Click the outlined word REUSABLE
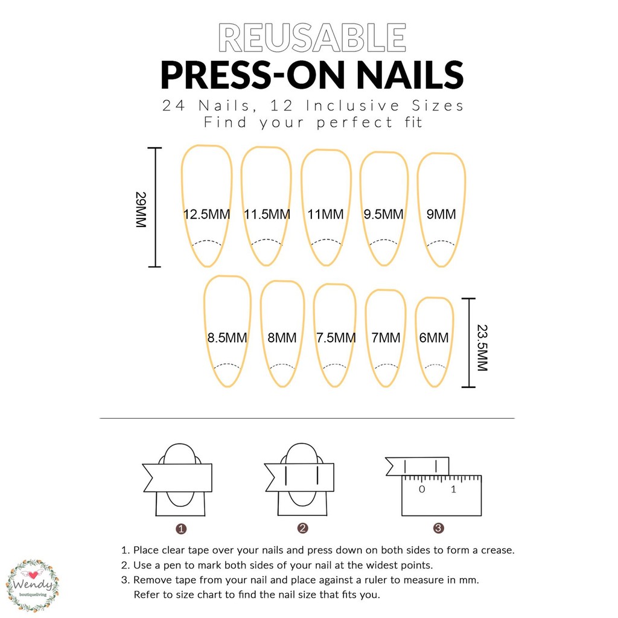pyautogui.click(x=312, y=37)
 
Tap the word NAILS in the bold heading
pyautogui.click(x=410, y=75)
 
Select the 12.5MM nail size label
pyautogui.click(x=206, y=214)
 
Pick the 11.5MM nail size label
pyautogui.click(x=267, y=214)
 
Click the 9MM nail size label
pyautogui.click(x=441, y=214)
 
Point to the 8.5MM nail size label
pyautogui.click(x=227, y=337)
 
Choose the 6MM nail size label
pyautogui.click(x=433, y=337)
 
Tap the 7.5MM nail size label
pyautogui.click(x=336, y=337)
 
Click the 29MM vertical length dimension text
pyautogui.click(x=141, y=209)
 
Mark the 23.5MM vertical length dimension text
pyautogui.click(x=482, y=348)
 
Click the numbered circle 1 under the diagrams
pyautogui.click(x=181, y=529)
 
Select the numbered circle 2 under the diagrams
pyautogui.click(x=303, y=528)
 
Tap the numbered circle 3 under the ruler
pyautogui.click(x=439, y=528)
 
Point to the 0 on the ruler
pyautogui.click(x=422, y=489)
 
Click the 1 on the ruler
pyautogui.click(x=453, y=489)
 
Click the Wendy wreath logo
pyautogui.click(x=33, y=585)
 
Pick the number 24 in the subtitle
pyautogui.click(x=174, y=106)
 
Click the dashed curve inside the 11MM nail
pyautogui.click(x=327, y=240)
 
